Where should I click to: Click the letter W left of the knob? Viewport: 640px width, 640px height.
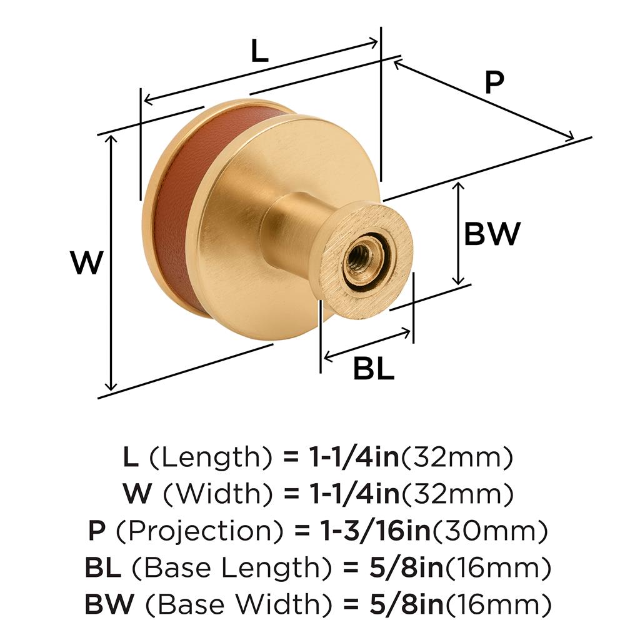coord(86,262)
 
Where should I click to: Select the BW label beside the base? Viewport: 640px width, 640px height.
coord(492,234)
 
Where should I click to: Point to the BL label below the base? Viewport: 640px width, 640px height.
coord(374,369)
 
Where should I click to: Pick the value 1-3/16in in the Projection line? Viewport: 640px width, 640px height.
coord(376,530)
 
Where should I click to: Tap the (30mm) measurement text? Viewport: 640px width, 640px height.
coord(489,530)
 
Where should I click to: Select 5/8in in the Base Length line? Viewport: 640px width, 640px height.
coord(406,567)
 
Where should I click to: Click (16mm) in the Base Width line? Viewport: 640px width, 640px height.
coord(498,604)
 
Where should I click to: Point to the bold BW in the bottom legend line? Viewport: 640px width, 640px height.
coord(109,604)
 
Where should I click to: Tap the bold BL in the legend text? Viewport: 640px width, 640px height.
coord(103,567)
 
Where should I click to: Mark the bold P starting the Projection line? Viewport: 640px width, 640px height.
coord(97,530)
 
